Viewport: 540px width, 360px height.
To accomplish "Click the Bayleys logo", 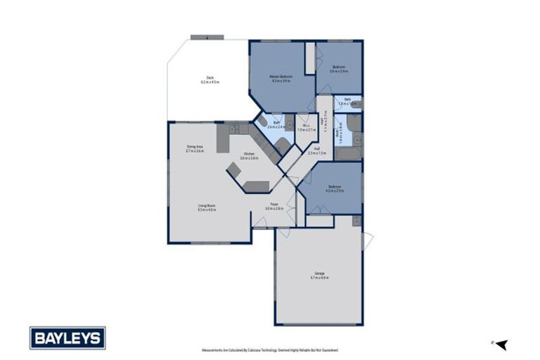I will pyautogui.click(x=67, y=338).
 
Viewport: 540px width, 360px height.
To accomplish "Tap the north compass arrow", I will pyautogui.click(x=501, y=344).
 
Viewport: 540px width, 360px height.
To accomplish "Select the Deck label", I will pyautogui.click(x=210, y=79).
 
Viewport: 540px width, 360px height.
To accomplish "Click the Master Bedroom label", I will pyautogui.click(x=281, y=77).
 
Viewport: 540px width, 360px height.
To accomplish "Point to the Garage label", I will pyautogui.click(x=319, y=274).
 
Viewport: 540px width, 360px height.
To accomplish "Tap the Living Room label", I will pyautogui.click(x=206, y=207).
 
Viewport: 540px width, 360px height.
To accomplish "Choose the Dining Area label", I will pyautogui.click(x=195, y=148).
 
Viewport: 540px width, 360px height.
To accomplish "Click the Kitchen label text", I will pyautogui.click(x=249, y=155).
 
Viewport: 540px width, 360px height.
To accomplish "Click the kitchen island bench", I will pyautogui.click(x=257, y=186).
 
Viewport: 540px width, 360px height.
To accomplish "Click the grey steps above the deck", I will pyautogui.click(x=207, y=37).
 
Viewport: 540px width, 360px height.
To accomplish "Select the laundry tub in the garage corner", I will pyautogui.click(x=356, y=221).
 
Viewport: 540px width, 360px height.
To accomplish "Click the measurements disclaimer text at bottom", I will pyautogui.click(x=270, y=349).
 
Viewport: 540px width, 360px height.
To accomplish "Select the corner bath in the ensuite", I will pyautogui.click(x=262, y=121).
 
